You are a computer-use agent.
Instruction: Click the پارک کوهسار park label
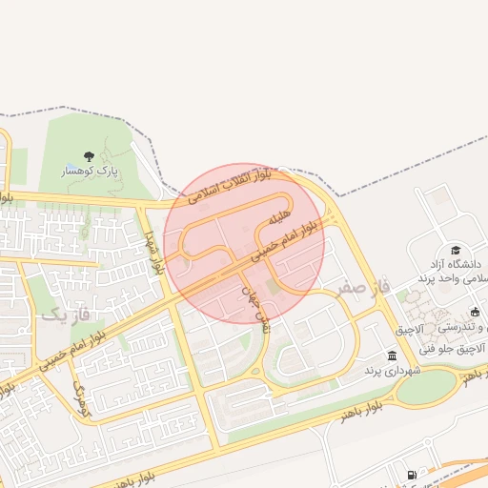89,171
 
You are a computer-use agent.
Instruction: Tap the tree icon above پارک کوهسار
89,155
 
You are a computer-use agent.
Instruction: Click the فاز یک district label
68,312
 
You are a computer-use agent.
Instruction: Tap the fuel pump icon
412,475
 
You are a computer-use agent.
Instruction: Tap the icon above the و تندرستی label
475,312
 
